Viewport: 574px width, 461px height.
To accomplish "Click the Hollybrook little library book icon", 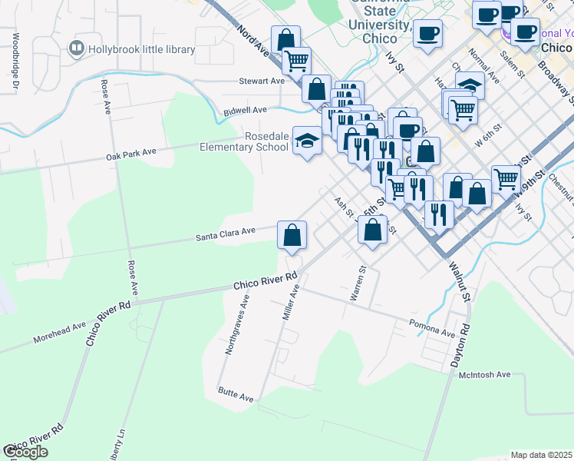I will [77, 49].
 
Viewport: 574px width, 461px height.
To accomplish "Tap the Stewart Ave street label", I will [262, 81].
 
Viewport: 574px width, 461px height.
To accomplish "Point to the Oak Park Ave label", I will [130, 153].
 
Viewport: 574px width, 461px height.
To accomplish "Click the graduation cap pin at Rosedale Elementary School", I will [307, 141].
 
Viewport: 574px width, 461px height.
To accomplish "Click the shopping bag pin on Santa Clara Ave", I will [292, 235].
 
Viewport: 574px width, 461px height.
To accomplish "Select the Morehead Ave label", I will [59, 333].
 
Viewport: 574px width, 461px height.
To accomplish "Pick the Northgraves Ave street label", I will [237, 327].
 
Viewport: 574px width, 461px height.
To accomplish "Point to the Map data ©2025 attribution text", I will [542, 455].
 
